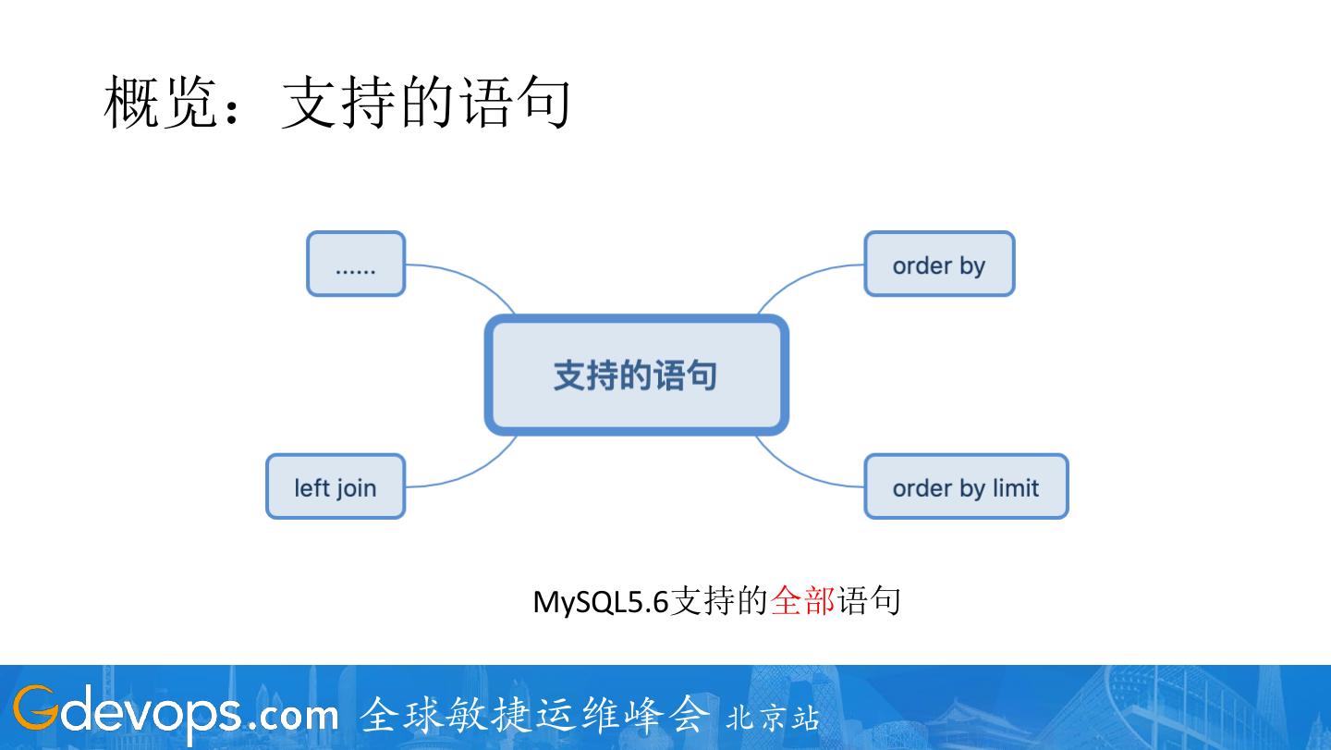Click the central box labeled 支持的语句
coord(636,375)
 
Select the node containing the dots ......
coord(356,264)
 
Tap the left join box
coord(336,486)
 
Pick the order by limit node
coord(966,486)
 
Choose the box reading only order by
coord(939,264)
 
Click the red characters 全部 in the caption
coord(802,601)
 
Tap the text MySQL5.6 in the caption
coord(600,602)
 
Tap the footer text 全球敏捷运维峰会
coord(536,715)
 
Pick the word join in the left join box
coord(356,487)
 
